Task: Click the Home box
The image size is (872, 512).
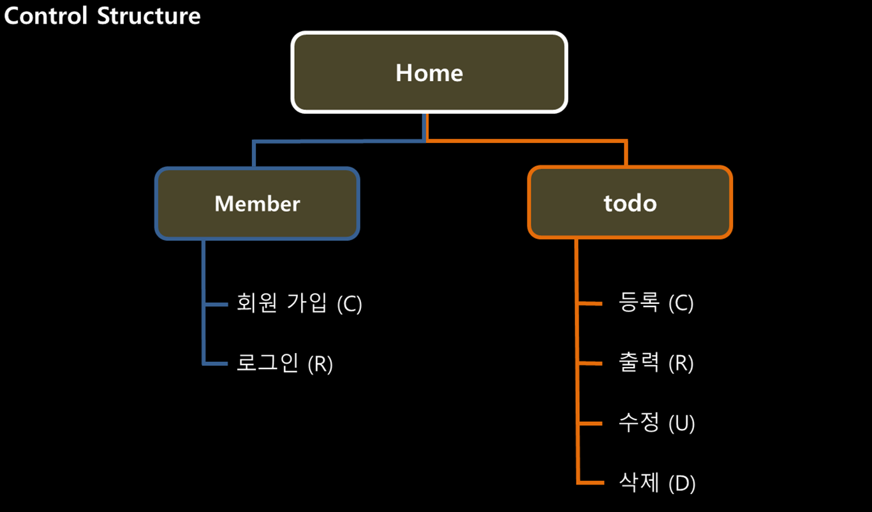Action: click(x=429, y=73)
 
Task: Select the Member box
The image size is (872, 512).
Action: click(x=257, y=204)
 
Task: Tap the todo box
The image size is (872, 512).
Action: click(x=630, y=203)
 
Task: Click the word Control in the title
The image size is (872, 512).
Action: click(x=46, y=15)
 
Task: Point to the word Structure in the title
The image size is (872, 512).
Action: click(x=149, y=15)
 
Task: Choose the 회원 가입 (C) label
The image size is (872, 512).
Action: click(x=299, y=303)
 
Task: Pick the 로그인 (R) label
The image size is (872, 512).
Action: click(x=285, y=364)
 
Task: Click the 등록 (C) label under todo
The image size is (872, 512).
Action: click(x=656, y=303)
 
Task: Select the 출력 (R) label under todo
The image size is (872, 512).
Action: click(x=656, y=363)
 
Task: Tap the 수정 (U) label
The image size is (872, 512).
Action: click(x=656, y=423)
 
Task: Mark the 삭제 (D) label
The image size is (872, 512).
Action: click(x=657, y=483)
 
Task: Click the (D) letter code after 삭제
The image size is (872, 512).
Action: click(x=682, y=483)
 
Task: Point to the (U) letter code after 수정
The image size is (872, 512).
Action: click(x=681, y=424)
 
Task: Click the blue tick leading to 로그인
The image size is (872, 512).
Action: click(x=216, y=364)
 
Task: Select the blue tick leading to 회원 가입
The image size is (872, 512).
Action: click(x=216, y=305)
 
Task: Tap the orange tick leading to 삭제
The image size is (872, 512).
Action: click(x=590, y=483)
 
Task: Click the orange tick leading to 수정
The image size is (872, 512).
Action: click(x=590, y=424)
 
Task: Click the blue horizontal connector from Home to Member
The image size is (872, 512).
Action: click(x=338, y=141)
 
